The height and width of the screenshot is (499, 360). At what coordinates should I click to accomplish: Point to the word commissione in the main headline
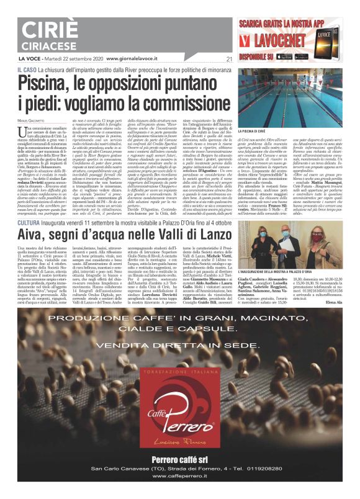[x=184, y=99]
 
